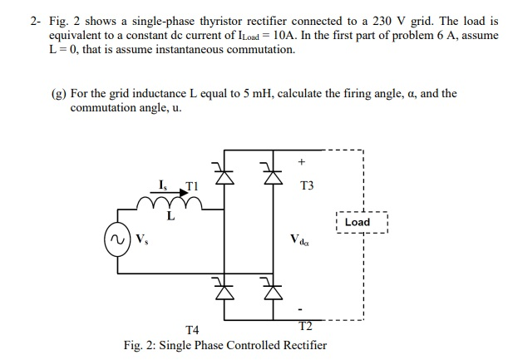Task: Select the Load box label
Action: tap(358, 222)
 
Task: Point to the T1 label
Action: tap(192, 184)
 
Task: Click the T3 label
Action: tap(308, 186)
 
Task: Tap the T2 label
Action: tap(305, 324)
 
